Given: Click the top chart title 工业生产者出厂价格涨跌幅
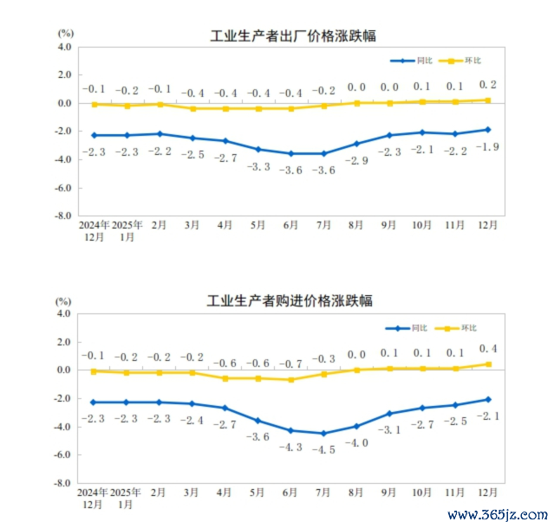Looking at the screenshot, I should (x=294, y=35).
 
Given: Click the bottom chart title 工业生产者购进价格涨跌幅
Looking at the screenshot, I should (x=290, y=302).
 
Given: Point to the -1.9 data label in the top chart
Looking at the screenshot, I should (x=485, y=146).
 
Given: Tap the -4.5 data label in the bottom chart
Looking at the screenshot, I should (x=323, y=449).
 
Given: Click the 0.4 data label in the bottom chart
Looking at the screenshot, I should (x=487, y=349).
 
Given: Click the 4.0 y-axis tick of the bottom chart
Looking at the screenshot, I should (x=63, y=314).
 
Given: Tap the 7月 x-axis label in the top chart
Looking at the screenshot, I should (x=323, y=225).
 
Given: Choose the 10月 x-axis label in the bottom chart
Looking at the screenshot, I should (x=421, y=492).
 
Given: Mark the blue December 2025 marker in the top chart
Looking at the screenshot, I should (x=488, y=130).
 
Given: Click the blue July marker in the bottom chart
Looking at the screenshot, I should (x=323, y=434).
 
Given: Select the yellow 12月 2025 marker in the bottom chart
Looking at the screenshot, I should (x=488, y=364).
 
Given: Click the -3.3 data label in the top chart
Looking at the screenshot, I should (x=258, y=166).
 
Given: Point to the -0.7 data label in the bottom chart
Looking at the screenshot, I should (x=290, y=364).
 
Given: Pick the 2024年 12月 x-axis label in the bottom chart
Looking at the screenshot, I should (x=93, y=497).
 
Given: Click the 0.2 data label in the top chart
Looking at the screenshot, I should (x=487, y=85).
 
